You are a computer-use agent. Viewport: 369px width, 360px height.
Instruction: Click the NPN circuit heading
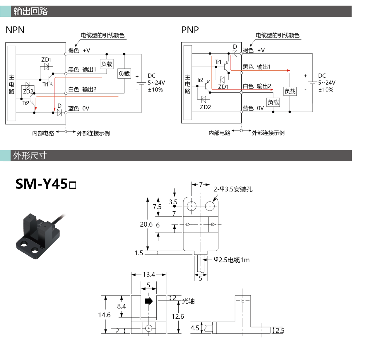tap(15, 30)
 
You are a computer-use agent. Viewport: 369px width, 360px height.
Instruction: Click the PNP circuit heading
tap(190, 30)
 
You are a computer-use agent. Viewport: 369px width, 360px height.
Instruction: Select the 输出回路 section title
tap(30, 11)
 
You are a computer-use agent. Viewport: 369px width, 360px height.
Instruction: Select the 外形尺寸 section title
tap(30, 156)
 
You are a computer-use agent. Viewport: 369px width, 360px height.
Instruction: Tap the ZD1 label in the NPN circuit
tap(47, 60)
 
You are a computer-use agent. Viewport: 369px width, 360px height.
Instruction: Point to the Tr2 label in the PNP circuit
tap(200, 80)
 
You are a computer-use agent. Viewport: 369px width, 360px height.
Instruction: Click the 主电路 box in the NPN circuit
tap(12, 83)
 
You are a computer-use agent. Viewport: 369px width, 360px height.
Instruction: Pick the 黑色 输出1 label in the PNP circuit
tap(257, 67)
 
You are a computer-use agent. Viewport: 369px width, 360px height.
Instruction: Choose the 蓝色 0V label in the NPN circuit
tap(79, 108)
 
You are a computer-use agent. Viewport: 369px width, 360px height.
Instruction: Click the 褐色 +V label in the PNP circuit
tap(254, 50)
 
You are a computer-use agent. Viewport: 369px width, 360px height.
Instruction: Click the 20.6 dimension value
tap(146, 224)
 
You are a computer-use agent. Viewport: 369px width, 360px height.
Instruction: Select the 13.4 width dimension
tap(149, 274)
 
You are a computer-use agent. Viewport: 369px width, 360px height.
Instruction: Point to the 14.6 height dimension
tap(104, 315)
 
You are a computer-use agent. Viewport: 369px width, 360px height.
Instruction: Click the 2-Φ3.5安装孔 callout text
tap(233, 189)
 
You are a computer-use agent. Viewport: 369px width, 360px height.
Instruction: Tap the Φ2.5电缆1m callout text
tap(232, 260)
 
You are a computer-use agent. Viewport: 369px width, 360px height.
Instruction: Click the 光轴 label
tap(188, 301)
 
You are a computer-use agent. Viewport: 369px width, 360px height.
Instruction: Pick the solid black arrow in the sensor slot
tap(149, 301)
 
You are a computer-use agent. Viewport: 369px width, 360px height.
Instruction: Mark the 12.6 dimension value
tap(178, 316)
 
